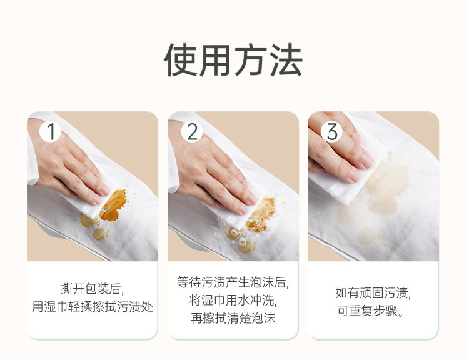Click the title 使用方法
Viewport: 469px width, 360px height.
point(234,60)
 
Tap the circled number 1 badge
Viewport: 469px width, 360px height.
point(50,131)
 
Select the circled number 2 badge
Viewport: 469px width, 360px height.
point(192,131)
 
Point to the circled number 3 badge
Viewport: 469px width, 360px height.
point(331,131)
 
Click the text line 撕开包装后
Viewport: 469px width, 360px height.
point(93,289)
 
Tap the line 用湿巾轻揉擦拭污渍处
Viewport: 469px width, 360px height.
point(93,307)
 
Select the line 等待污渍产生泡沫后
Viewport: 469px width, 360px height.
point(233,282)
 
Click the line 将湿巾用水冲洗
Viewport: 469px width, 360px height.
point(233,300)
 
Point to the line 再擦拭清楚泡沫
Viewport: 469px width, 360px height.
point(233,318)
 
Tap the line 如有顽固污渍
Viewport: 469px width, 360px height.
point(373,292)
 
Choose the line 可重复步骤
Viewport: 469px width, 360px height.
point(371,311)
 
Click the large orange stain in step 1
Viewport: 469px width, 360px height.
point(114,205)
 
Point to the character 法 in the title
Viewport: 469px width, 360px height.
point(286,60)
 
